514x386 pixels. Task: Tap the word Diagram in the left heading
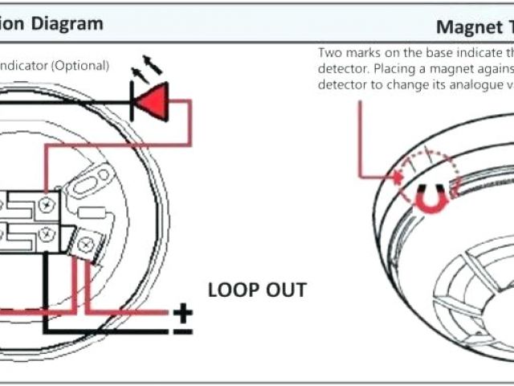(x=69, y=24)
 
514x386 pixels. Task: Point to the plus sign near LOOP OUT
(x=184, y=310)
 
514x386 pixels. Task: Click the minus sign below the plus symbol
(x=184, y=330)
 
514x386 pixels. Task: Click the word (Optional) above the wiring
(x=81, y=65)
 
